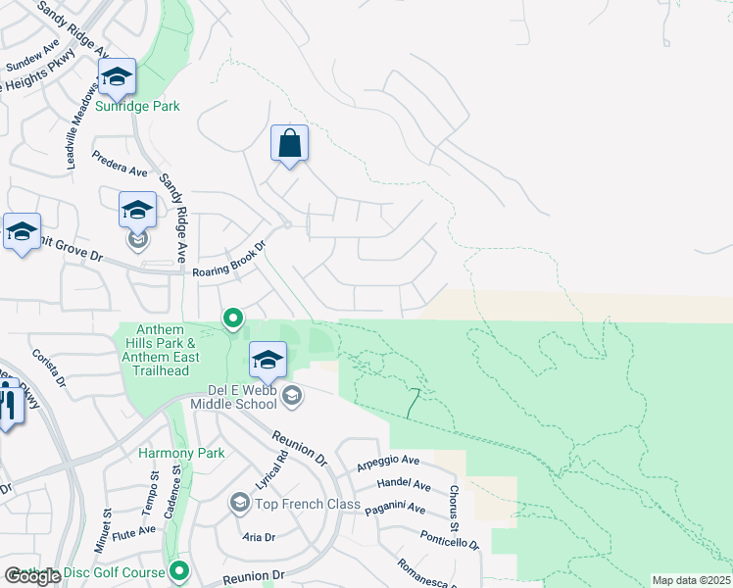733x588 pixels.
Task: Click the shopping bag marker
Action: click(x=289, y=144)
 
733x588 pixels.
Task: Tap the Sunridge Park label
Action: click(x=137, y=106)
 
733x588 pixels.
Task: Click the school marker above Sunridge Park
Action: click(x=117, y=77)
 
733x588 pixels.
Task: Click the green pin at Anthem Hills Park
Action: click(x=233, y=318)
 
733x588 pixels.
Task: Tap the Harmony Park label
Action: click(x=181, y=453)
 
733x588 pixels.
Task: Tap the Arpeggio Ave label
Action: click(x=388, y=461)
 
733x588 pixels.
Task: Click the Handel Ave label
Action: click(x=404, y=485)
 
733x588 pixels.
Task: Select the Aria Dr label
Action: click(x=259, y=537)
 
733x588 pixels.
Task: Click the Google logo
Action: click(x=32, y=576)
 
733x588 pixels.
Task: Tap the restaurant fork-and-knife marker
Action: click(x=8, y=403)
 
